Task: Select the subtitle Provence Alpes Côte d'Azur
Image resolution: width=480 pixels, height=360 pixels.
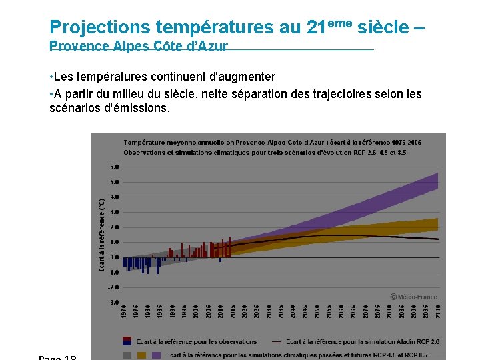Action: pyautogui.click(x=139, y=46)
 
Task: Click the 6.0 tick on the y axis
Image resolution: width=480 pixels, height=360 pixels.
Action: pyautogui.click(x=115, y=167)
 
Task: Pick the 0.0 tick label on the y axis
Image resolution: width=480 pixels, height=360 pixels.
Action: pyautogui.click(x=115, y=257)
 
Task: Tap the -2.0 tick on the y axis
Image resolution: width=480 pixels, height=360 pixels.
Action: pyautogui.click(x=114, y=287)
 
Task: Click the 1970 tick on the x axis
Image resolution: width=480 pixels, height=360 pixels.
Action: pyautogui.click(x=124, y=311)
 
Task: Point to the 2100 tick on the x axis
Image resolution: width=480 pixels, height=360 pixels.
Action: pyautogui.click(x=437, y=311)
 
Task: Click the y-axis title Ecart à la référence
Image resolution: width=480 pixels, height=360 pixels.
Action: pyautogui.click(x=101, y=234)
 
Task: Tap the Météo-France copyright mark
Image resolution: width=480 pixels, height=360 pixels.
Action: pyautogui.click(x=413, y=297)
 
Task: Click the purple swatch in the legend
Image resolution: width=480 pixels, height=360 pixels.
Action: pyautogui.click(x=157, y=355)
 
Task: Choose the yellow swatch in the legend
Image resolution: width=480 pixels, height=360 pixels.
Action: pyautogui.click(x=141, y=355)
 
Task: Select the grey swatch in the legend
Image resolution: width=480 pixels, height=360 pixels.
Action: pyautogui.click(x=127, y=355)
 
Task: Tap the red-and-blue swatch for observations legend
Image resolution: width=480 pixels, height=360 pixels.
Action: pyautogui.click(x=127, y=341)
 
